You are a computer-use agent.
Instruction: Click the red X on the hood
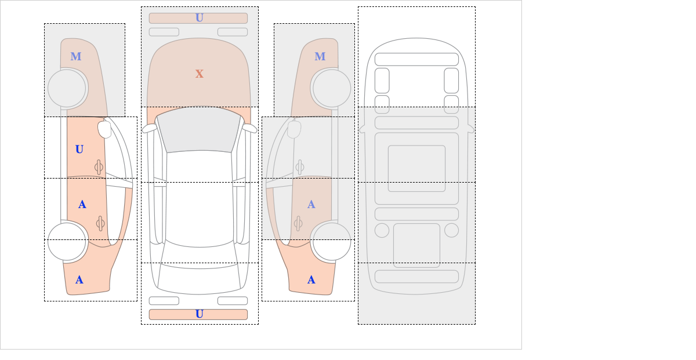point(200,74)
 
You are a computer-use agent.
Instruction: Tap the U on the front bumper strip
point(200,18)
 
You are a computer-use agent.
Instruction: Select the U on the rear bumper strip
point(200,314)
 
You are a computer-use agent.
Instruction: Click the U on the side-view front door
point(79,150)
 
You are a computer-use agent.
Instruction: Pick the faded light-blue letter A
point(311,205)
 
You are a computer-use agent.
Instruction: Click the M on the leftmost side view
point(76,57)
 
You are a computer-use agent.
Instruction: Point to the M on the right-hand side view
point(320,57)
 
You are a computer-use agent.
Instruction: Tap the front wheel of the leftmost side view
point(67,89)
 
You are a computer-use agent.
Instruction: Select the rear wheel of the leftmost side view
point(67,241)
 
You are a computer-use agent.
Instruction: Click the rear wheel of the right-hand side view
point(332,241)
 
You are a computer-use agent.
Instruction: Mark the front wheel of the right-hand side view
point(332,89)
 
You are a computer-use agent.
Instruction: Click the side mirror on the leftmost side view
point(104,129)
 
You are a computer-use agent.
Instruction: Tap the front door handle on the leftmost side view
point(99,168)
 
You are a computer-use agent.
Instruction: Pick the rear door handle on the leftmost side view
point(100,223)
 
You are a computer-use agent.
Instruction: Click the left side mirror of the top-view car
point(149,128)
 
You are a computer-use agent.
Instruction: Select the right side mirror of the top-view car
point(250,128)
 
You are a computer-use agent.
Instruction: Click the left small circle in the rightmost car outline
point(382,231)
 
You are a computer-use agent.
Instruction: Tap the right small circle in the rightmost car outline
point(451,231)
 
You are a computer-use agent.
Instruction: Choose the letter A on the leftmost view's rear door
point(82,205)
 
